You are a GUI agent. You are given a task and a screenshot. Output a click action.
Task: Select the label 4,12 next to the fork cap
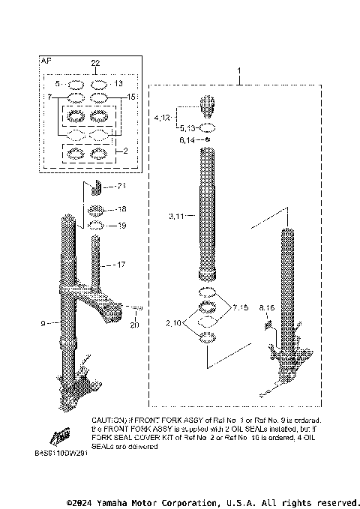[163, 118]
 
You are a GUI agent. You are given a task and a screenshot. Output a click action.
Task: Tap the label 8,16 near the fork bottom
[266, 307]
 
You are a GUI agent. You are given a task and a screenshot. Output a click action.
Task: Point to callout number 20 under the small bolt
[134, 324]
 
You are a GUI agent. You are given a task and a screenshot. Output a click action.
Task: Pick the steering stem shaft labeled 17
[95, 266]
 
